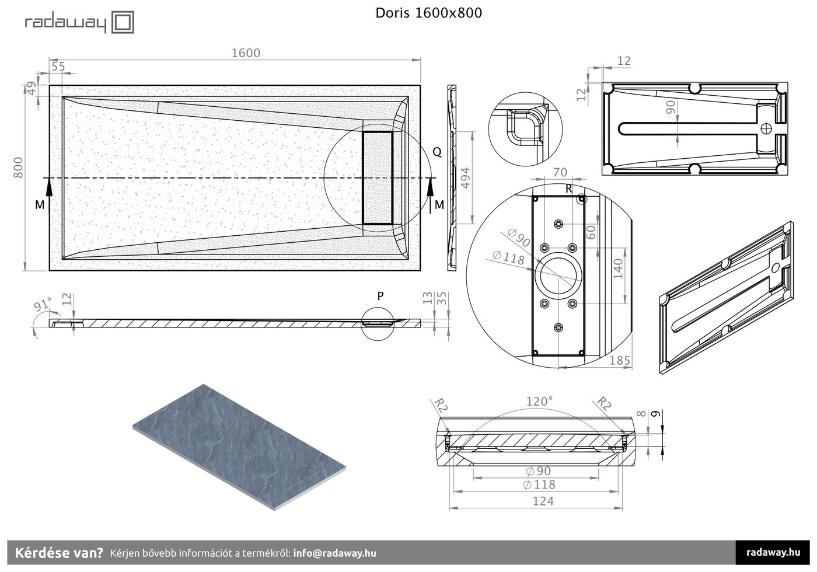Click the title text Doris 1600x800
[x=428, y=13]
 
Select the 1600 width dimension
[x=246, y=53]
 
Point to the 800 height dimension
[x=18, y=168]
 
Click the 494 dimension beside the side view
[x=466, y=178]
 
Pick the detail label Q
[x=437, y=152]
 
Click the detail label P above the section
[x=380, y=297]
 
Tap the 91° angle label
[x=43, y=304]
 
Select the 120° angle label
[x=539, y=402]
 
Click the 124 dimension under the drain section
[x=543, y=501]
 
